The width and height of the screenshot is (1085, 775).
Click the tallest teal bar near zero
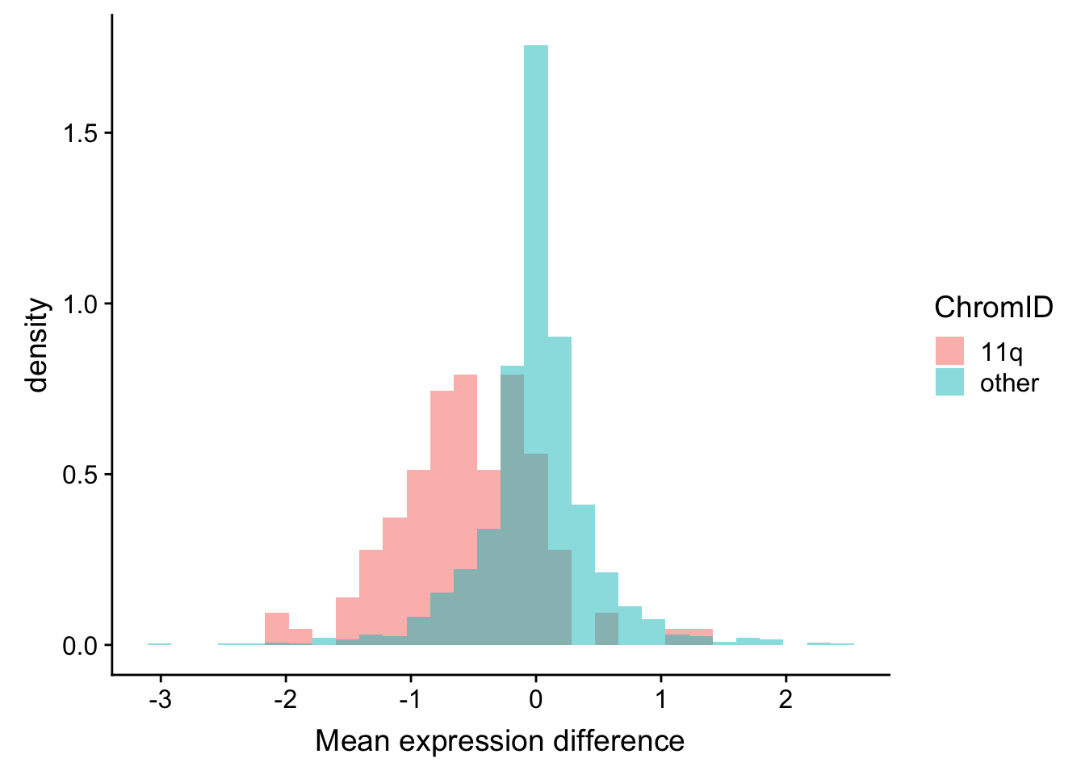coord(536,242)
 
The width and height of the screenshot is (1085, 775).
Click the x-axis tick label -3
coord(160,698)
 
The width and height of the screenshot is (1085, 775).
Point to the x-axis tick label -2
coord(285,698)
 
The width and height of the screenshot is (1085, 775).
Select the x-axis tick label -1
coord(410,698)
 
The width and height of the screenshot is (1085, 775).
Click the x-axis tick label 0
coord(536,698)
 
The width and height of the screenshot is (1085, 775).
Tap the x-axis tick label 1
coord(661,698)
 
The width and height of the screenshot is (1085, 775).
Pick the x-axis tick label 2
coord(785,698)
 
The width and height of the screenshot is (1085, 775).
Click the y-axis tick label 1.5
coord(80,133)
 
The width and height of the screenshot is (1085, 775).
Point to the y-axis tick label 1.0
coord(80,304)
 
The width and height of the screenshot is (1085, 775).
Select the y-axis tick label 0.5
coord(80,475)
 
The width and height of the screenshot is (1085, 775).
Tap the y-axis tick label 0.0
coord(80,646)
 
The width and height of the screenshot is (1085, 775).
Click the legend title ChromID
coord(993,308)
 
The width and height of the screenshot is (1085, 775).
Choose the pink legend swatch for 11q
coord(949,351)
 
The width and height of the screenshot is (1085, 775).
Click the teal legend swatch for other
coord(949,382)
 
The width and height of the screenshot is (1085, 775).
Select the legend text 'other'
coord(1009,383)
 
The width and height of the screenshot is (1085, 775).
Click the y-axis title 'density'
coord(37,346)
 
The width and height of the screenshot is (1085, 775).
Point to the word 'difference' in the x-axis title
coord(622,740)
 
